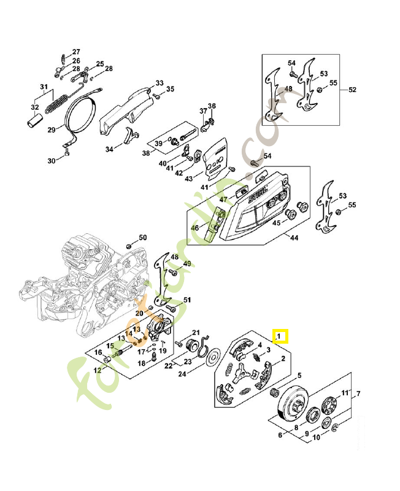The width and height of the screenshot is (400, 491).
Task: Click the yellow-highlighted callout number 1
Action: coord(280,336)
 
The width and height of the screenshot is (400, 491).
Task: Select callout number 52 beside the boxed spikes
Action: coord(352,90)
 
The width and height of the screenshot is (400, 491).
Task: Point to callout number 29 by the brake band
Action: coord(52,130)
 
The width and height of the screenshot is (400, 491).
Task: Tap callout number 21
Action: coord(196,332)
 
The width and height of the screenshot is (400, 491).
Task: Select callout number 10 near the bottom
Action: coord(317,438)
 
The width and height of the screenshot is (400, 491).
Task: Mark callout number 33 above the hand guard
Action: coord(159,83)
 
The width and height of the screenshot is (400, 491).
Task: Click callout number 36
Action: coord(212,106)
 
